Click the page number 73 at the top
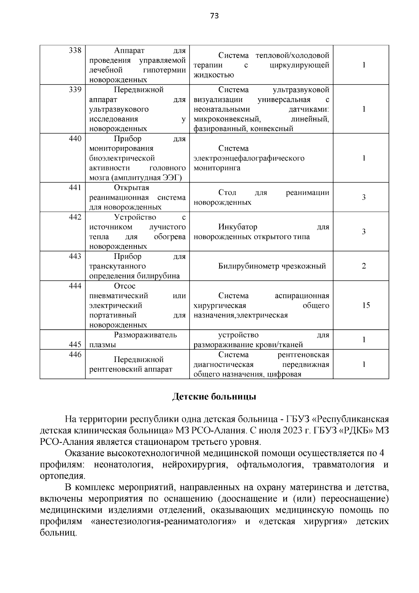(214, 16)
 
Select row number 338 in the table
(75, 50)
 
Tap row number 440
(75, 139)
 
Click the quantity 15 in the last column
(366, 305)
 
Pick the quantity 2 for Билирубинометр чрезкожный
(364, 266)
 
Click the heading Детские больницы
(214, 397)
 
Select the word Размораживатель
(145, 335)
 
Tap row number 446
(75, 355)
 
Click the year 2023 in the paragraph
(293, 430)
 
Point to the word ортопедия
(62, 476)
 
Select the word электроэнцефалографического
(249, 158)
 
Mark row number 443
(75, 256)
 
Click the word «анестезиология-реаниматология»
(163, 522)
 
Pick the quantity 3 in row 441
(364, 197)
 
